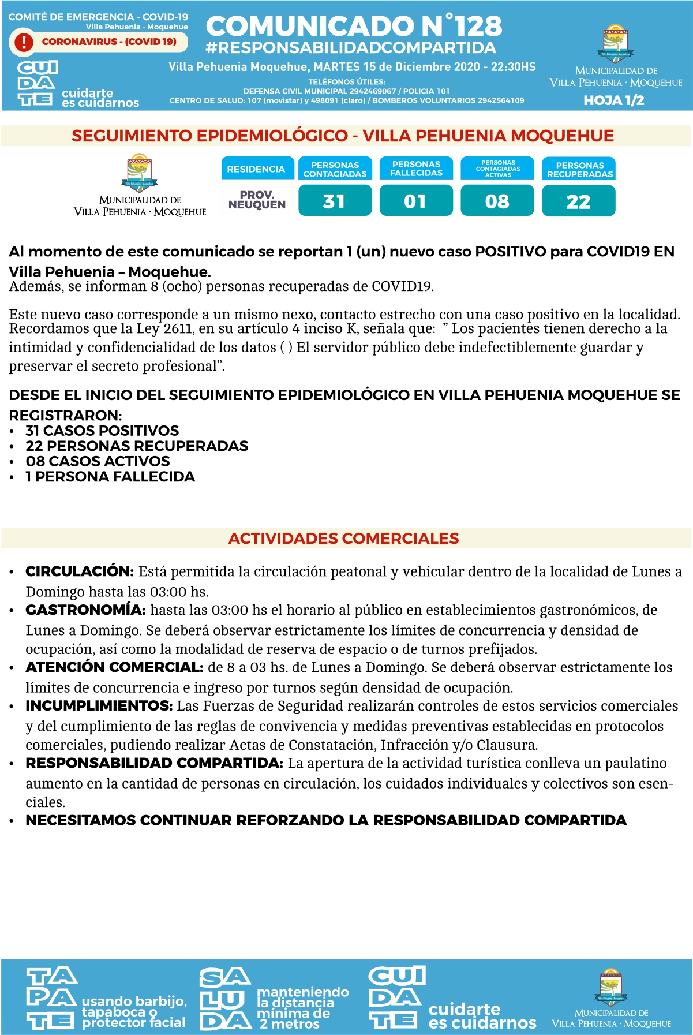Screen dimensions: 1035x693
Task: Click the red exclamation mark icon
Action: [x=24, y=42]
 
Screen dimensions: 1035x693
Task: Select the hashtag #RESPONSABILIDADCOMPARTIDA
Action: [x=350, y=48]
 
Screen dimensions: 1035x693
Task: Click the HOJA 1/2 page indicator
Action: [x=613, y=100]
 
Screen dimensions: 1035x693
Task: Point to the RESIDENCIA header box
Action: [x=256, y=169]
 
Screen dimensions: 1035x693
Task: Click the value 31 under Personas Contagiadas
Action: [x=335, y=201]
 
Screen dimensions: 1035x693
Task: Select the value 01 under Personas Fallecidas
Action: [x=415, y=201]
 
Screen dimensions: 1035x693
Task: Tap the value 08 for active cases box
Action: [x=497, y=201]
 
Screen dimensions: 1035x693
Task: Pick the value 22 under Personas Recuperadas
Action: [x=578, y=201]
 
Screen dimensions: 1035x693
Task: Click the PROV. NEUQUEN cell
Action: [x=257, y=200]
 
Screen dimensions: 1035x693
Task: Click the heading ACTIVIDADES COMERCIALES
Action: [x=343, y=539]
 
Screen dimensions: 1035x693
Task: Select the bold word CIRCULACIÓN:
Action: [x=80, y=571]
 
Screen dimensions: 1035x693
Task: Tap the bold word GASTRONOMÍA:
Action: [x=85, y=610]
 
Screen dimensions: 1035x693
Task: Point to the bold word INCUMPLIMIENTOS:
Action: [x=99, y=706]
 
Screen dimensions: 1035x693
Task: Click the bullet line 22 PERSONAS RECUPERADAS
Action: [x=137, y=446]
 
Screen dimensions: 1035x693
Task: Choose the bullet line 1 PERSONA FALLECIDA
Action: [x=110, y=477]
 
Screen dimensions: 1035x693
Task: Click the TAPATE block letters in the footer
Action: [x=51, y=999]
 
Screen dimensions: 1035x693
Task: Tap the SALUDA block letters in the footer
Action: [x=224, y=999]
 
